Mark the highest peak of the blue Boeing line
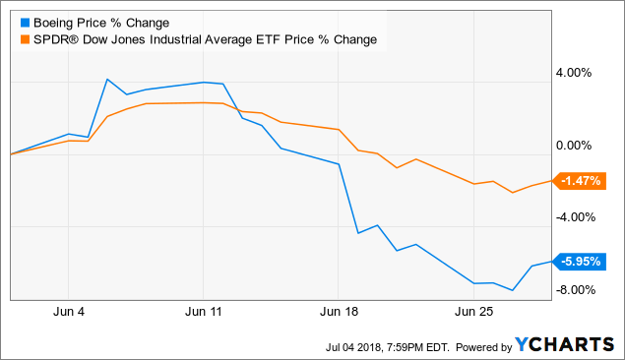[x=107, y=80]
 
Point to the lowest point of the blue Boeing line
[x=513, y=290]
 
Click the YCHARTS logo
[x=565, y=345]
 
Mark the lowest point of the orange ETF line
[x=513, y=193]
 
